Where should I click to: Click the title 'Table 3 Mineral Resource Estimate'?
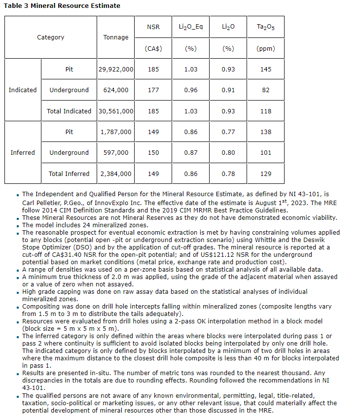tap(62, 5)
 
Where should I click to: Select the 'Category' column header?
tap(50, 37)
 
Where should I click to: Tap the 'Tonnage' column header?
tap(116, 37)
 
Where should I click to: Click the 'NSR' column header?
tap(153, 27)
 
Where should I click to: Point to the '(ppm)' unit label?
tap(266, 49)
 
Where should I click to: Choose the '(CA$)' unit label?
tap(153, 49)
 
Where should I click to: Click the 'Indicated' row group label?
tap(23, 90)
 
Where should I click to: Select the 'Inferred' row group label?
tap(23, 153)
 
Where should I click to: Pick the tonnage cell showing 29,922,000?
tap(116, 70)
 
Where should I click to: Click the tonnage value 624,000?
tap(116, 90)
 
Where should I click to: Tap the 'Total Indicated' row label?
tap(69, 111)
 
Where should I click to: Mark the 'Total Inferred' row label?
tap(69, 174)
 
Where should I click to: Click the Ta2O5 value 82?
tap(266, 90)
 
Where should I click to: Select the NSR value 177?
tap(153, 90)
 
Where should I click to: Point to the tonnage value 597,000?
tap(116, 153)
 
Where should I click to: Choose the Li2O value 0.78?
tap(228, 174)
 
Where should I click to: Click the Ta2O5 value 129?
tap(266, 174)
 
